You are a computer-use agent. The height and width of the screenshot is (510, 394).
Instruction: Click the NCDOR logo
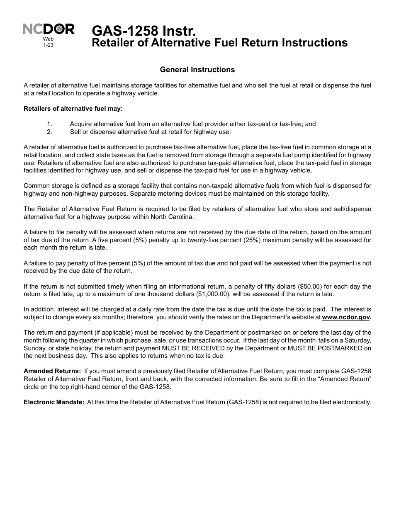coord(48,29)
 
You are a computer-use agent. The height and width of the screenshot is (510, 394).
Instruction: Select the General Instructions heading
coord(197,70)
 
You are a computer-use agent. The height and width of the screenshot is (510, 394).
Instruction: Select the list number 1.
coord(49,124)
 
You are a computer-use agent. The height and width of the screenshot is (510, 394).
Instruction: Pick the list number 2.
coord(49,132)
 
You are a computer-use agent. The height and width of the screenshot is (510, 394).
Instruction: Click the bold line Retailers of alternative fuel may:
coord(73,109)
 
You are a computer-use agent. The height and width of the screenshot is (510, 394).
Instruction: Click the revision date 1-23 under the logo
coord(48,45)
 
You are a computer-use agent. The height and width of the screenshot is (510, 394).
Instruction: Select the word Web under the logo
coord(48,39)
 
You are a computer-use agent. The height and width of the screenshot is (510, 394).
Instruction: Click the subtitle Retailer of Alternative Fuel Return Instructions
coord(219,43)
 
